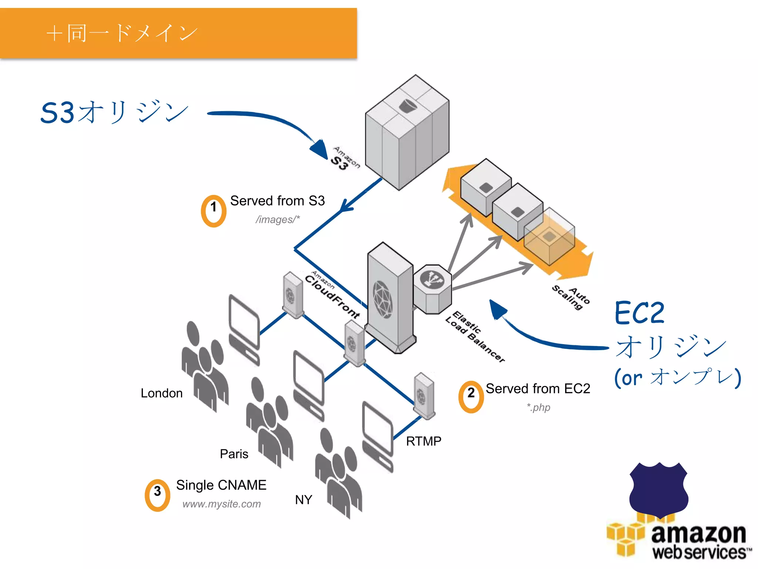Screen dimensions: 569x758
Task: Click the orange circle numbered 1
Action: coord(214,211)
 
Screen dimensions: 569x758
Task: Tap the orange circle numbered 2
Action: coord(471,397)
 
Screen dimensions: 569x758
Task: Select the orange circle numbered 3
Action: coord(157,495)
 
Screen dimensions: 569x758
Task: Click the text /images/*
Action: coord(278,220)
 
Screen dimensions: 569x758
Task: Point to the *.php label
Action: coord(539,407)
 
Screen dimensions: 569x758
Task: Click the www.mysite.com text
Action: coord(221,504)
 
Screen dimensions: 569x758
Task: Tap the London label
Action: coord(161,393)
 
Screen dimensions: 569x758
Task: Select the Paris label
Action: coord(234,454)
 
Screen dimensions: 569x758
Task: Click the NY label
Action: coord(303,500)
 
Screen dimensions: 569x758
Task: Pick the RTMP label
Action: coord(423,441)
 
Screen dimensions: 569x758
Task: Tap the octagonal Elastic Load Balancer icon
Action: coord(432,289)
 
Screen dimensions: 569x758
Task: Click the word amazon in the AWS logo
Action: coord(698,534)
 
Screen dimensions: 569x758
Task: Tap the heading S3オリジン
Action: coord(114,112)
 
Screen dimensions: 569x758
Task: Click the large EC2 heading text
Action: coord(640,313)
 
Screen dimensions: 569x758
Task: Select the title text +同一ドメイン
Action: coord(122,33)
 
